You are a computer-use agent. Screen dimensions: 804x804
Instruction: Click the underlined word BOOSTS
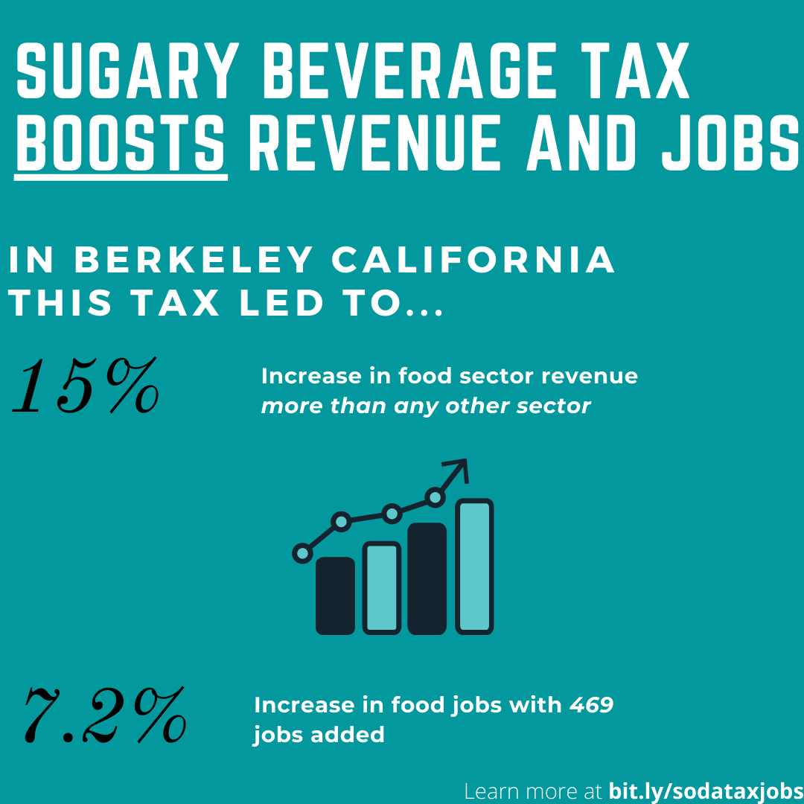[x=121, y=142]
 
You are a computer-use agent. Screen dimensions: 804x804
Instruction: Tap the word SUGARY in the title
[x=128, y=70]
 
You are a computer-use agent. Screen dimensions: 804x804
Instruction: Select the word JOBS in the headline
[x=731, y=142]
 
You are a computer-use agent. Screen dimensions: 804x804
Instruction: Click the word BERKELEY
[x=194, y=260]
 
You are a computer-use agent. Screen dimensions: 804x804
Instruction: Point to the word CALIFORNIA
[x=473, y=260]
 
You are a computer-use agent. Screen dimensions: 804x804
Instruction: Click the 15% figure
[x=86, y=385]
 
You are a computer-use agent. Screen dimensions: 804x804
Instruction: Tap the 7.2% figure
[x=105, y=715]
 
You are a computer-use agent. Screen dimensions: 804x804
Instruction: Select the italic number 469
[x=591, y=705]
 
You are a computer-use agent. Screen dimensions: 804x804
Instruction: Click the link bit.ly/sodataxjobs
[x=706, y=791]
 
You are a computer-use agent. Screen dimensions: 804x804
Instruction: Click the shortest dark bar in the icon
[x=335, y=596]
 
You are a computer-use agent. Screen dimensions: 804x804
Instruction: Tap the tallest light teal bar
[x=474, y=566]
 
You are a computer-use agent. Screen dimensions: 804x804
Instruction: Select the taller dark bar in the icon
[x=427, y=578]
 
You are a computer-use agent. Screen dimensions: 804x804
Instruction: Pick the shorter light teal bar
[x=381, y=587]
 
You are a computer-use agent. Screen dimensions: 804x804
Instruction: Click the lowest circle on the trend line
[x=302, y=553]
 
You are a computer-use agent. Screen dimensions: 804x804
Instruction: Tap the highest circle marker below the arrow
[x=435, y=497]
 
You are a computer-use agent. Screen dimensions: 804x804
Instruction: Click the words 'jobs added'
[x=319, y=736]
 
